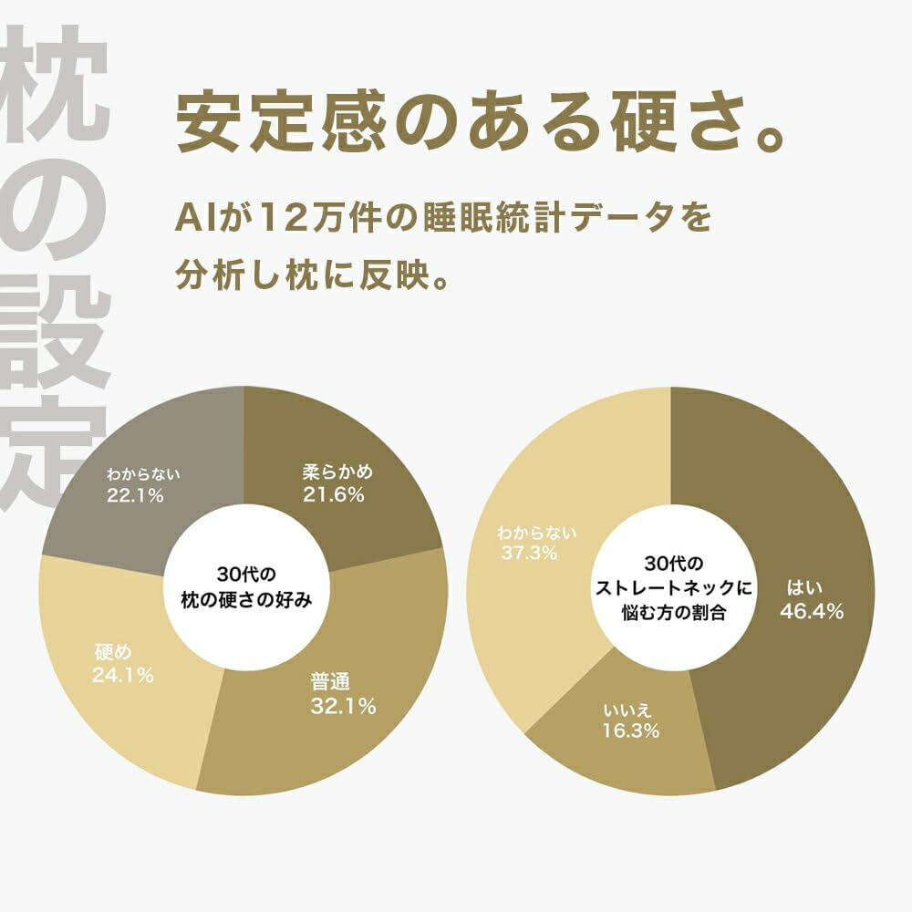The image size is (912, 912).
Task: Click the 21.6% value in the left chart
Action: (x=334, y=495)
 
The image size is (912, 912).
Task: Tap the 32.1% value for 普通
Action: (x=342, y=707)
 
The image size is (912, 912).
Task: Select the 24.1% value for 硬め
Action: (x=122, y=676)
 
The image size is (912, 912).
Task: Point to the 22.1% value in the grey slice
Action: (x=134, y=496)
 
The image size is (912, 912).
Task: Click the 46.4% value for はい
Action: (x=811, y=611)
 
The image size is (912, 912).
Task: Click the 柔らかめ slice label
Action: (x=338, y=473)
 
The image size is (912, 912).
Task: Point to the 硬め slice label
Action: (x=114, y=652)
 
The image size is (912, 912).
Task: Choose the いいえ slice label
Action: (x=627, y=708)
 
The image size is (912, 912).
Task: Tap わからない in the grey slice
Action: (x=143, y=474)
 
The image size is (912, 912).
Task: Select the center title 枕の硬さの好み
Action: (x=246, y=599)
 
